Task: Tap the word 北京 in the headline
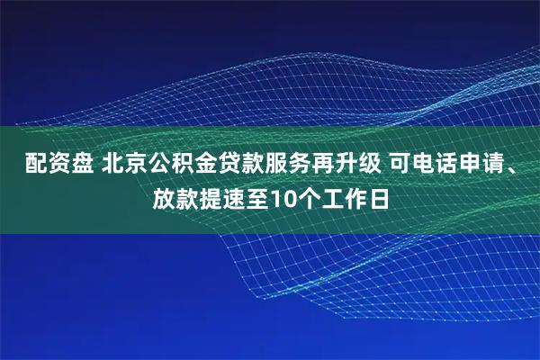[125, 166]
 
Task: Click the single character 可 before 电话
[401, 166]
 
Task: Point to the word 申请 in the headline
[483, 166]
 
